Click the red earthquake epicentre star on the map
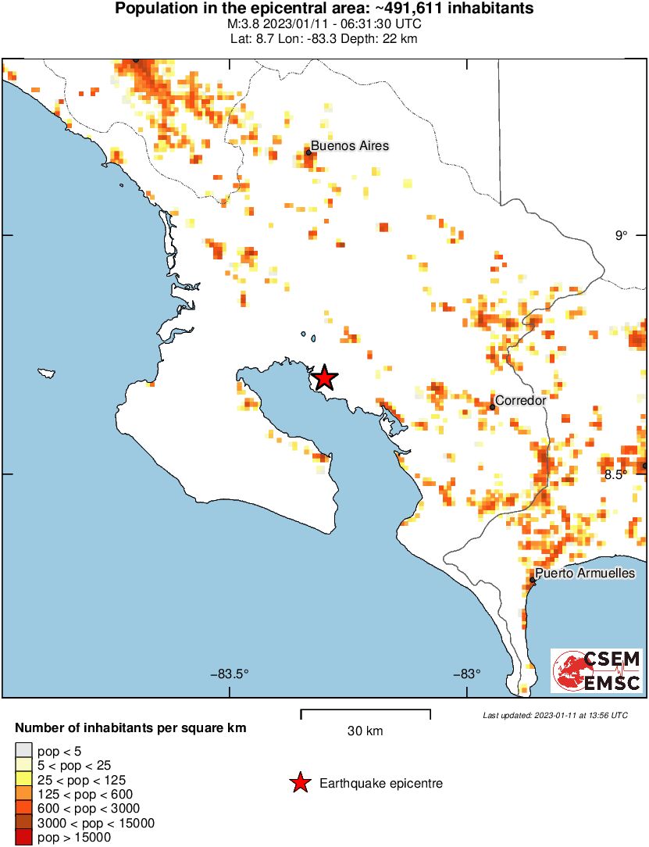click(x=323, y=378)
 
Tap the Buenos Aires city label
click(x=350, y=146)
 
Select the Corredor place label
click(x=521, y=401)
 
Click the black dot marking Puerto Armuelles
click(x=533, y=580)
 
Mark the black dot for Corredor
click(x=493, y=406)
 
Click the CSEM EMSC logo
click(x=597, y=670)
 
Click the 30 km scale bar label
click(x=365, y=731)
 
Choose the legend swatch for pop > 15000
click(x=24, y=838)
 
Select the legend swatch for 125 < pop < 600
click(x=24, y=794)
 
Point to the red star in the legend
click(x=298, y=783)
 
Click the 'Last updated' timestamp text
click(x=555, y=715)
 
